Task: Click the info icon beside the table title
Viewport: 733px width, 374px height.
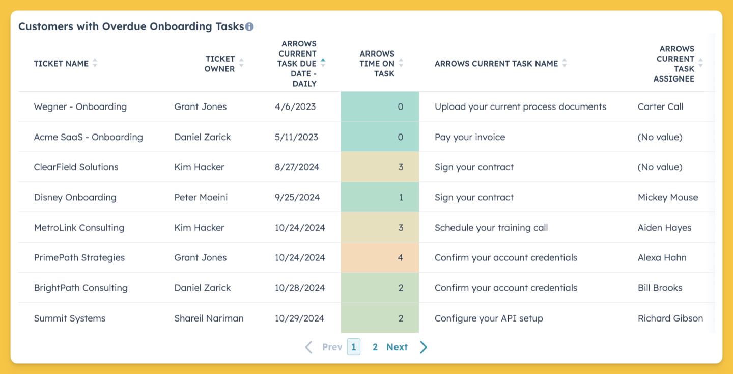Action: coord(249,26)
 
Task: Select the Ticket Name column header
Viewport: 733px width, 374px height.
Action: coord(61,64)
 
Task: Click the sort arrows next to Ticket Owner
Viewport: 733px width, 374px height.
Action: coord(241,63)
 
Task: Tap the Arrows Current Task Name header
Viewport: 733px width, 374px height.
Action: coord(496,64)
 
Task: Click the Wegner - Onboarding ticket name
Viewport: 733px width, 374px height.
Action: coord(80,107)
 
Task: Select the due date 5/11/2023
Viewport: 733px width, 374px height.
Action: coord(296,137)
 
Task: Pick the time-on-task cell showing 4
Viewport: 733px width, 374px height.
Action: coord(380,257)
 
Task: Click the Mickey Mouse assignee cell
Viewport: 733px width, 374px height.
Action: coord(668,197)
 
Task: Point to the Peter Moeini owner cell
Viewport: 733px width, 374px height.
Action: coord(201,197)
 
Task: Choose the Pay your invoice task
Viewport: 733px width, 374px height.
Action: coord(470,137)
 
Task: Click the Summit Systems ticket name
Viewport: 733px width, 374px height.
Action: coord(70,318)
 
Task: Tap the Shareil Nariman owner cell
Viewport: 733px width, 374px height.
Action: coord(209,318)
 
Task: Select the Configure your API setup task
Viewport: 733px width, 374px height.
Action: coord(489,318)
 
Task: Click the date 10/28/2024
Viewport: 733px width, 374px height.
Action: coord(300,288)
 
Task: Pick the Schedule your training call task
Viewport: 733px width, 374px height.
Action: coord(491,228)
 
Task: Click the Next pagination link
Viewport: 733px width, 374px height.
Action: coord(397,347)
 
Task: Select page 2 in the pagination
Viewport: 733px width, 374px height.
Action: coord(375,347)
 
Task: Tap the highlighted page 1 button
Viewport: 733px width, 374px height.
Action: coord(354,347)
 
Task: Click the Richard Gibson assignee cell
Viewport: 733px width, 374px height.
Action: coord(670,318)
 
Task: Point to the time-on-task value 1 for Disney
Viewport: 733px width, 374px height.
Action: coord(401,197)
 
